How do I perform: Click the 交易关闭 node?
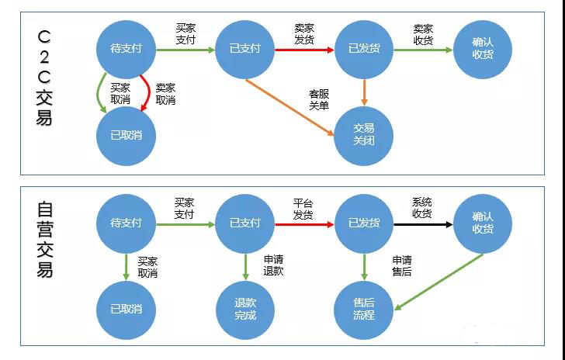pyautogui.click(x=364, y=135)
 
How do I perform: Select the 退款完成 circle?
pyautogui.click(x=245, y=309)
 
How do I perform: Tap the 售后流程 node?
pyautogui.click(x=364, y=309)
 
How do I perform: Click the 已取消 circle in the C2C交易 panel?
pyautogui.click(x=126, y=135)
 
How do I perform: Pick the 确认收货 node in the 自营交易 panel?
pyautogui.click(x=483, y=223)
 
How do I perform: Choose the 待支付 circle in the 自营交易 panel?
pyautogui.click(x=126, y=223)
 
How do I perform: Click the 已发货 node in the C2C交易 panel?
pyautogui.click(x=364, y=49)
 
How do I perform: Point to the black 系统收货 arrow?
pyautogui.click(x=423, y=223)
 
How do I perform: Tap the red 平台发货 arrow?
pyautogui.click(x=304, y=223)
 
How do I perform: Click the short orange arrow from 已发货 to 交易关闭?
pyautogui.click(x=364, y=92)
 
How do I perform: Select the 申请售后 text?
pyautogui.click(x=401, y=265)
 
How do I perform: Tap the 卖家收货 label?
pyautogui.click(x=423, y=34)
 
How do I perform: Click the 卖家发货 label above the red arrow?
pyautogui.click(x=304, y=34)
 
